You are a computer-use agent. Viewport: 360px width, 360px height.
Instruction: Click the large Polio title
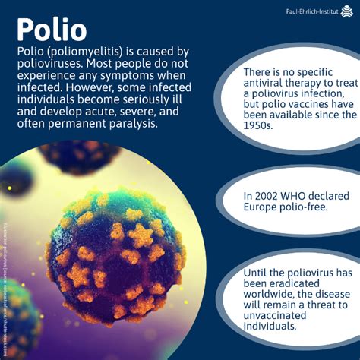(x=52, y=30)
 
